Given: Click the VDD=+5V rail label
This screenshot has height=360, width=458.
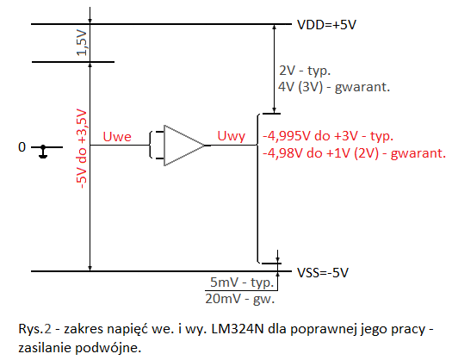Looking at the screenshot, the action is (x=326, y=25).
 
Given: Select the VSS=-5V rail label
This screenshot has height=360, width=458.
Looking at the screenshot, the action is (x=323, y=273).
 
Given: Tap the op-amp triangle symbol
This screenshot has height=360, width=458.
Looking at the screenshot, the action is (x=184, y=146).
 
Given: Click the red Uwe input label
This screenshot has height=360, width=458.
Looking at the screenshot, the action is (x=117, y=137).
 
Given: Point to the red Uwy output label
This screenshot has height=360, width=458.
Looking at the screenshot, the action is (x=232, y=136).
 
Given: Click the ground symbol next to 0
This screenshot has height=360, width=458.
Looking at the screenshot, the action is (x=43, y=152).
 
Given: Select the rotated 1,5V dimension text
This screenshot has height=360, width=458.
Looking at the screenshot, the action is (x=82, y=43).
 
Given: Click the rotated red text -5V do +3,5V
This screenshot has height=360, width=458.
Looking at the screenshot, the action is (x=82, y=148).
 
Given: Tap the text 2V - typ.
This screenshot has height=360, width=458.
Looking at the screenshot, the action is (x=305, y=71).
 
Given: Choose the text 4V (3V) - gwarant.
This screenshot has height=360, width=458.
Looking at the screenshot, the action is (x=334, y=87).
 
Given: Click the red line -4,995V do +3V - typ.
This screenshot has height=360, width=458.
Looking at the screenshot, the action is (x=328, y=136).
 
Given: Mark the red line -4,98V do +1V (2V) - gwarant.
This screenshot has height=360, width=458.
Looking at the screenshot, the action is (x=355, y=153).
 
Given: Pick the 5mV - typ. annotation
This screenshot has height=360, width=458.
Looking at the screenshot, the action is (x=242, y=282).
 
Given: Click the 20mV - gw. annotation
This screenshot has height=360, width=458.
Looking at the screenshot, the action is (x=240, y=299).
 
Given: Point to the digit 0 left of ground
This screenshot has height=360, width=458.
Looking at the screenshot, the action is (x=22, y=147).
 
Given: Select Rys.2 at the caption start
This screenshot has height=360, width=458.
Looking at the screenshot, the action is (x=34, y=329).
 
